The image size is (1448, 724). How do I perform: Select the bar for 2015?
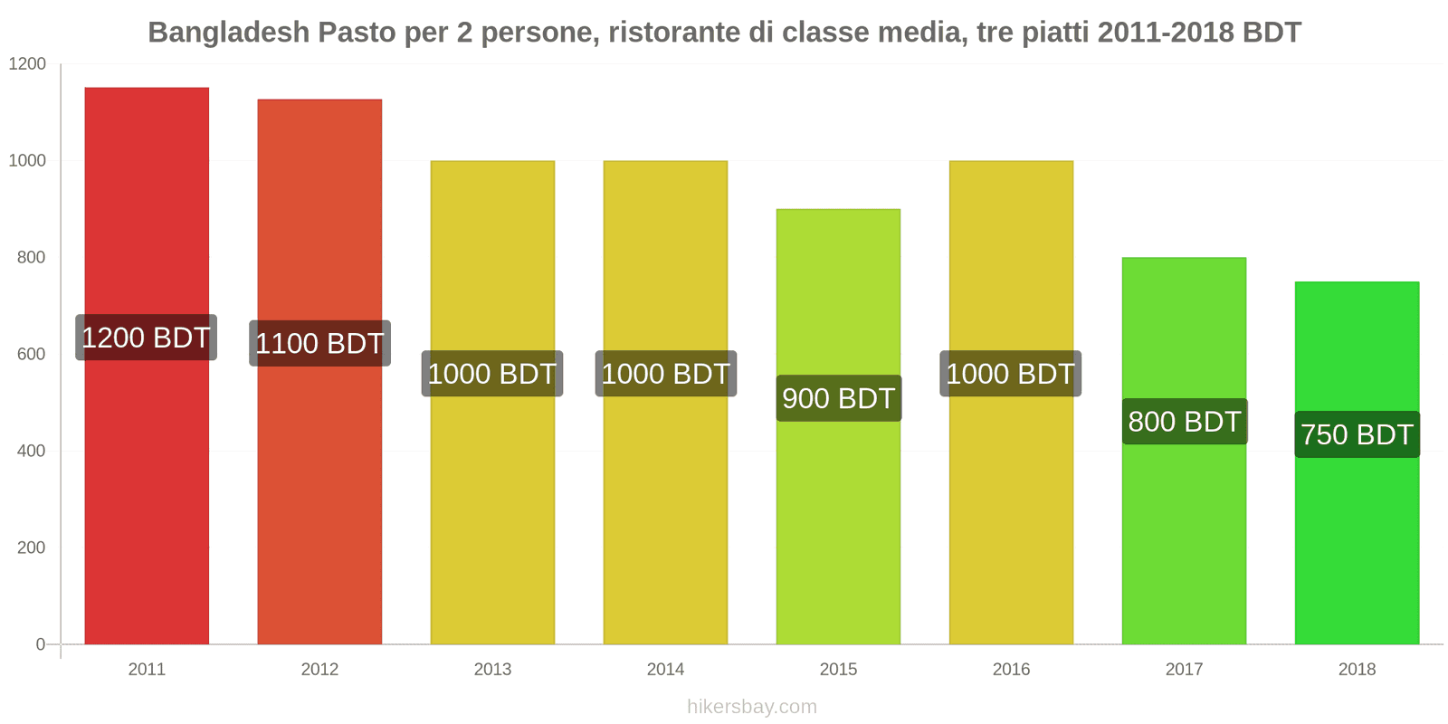838,525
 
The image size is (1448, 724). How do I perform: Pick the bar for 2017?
1184,534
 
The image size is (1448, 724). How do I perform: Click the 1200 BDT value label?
146,338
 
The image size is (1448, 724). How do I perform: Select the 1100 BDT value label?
319,343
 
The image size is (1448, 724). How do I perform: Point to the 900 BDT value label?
838,398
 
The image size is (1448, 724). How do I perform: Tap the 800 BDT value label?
1184,422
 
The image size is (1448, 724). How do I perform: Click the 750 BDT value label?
1357,434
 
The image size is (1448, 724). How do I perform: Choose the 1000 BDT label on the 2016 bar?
1010,374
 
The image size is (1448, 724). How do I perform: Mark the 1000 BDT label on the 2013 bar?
491,374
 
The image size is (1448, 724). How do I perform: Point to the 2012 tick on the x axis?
319,670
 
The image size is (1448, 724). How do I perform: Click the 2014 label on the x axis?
665,670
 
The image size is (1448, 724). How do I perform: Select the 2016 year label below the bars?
1011,670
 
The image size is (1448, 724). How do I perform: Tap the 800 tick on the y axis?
31,257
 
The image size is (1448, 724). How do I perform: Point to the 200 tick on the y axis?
31,548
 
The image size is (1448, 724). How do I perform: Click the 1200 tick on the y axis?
27,63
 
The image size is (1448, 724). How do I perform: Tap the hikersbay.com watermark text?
751,707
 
